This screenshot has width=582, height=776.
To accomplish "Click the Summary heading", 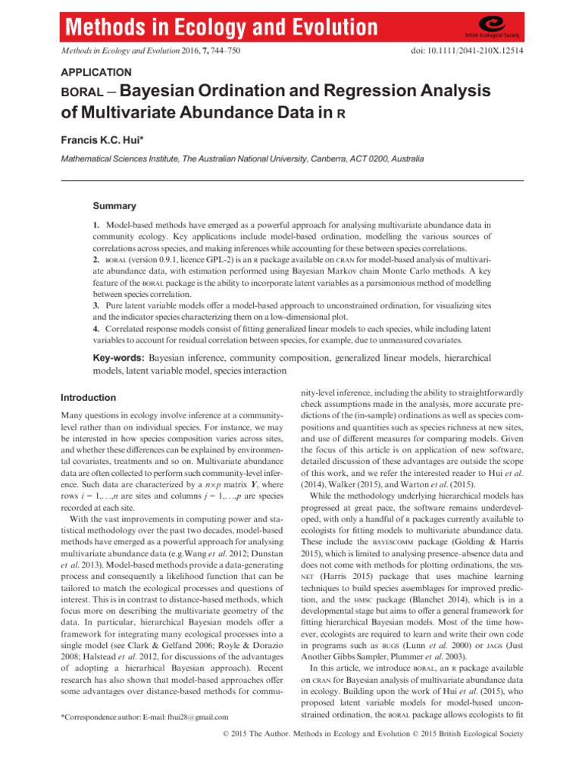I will tap(114, 206).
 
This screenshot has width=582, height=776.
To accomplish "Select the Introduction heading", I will tap(88, 397).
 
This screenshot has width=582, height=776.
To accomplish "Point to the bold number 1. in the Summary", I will tap(95, 226).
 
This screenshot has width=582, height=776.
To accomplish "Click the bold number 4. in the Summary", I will tap(95, 330).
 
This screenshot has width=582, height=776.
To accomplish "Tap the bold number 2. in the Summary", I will tap(95, 261).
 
